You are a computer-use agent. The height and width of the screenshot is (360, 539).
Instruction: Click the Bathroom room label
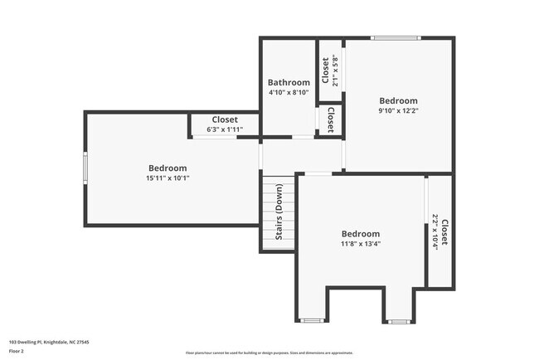click(x=289, y=82)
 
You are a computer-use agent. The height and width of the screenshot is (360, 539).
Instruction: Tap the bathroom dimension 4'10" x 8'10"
click(x=289, y=93)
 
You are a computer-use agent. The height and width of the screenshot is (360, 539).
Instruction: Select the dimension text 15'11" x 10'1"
click(x=168, y=178)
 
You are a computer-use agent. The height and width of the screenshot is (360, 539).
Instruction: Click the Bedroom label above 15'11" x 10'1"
click(x=168, y=168)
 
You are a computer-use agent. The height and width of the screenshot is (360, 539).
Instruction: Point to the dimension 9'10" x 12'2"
click(x=399, y=110)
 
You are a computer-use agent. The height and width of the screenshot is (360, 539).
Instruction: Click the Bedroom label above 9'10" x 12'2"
click(x=399, y=100)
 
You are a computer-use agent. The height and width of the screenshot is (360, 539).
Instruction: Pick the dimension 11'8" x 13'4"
click(x=361, y=245)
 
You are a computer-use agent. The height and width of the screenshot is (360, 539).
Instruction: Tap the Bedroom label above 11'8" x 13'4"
click(x=361, y=234)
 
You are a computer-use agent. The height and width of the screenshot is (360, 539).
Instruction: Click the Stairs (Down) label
click(x=278, y=212)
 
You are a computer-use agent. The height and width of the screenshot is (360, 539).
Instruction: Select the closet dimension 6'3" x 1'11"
click(x=225, y=129)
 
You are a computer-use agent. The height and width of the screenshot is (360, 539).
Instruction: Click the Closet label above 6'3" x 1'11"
click(x=225, y=119)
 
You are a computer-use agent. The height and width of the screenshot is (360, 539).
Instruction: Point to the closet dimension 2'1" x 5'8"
click(x=335, y=71)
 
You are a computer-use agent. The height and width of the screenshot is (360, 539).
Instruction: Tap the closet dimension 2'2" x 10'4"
click(x=435, y=232)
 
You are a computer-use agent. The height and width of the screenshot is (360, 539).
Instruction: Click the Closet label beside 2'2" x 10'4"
click(x=444, y=232)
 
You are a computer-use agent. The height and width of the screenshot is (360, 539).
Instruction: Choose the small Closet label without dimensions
click(x=331, y=119)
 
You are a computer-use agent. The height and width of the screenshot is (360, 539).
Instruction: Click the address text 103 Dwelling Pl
click(x=49, y=342)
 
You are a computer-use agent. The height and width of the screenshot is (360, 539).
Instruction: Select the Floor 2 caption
click(x=17, y=351)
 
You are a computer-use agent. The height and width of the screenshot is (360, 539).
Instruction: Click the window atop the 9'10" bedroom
click(x=395, y=37)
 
